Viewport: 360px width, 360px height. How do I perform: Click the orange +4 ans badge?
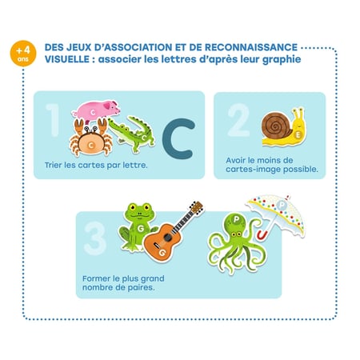click(x=23, y=53)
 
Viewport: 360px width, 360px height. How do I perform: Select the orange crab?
click(x=91, y=138)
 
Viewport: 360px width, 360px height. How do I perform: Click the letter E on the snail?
click(x=298, y=135)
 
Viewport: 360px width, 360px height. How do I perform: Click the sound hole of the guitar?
click(x=167, y=237)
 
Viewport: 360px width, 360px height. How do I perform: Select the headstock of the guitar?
click(x=197, y=208)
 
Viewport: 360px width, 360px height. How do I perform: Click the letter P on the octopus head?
click(x=236, y=220)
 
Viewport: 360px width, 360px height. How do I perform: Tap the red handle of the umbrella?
click(x=262, y=234)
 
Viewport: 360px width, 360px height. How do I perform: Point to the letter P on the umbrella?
click(x=281, y=205)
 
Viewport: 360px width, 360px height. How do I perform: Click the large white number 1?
click(x=54, y=120)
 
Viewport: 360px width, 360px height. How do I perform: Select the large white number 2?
click(x=238, y=120)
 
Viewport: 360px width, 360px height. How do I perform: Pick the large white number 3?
click(x=95, y=238)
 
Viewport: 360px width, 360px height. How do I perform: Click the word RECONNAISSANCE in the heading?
click(x=251, y=47)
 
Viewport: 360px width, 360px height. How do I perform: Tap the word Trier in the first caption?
click(x=54, y=165)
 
